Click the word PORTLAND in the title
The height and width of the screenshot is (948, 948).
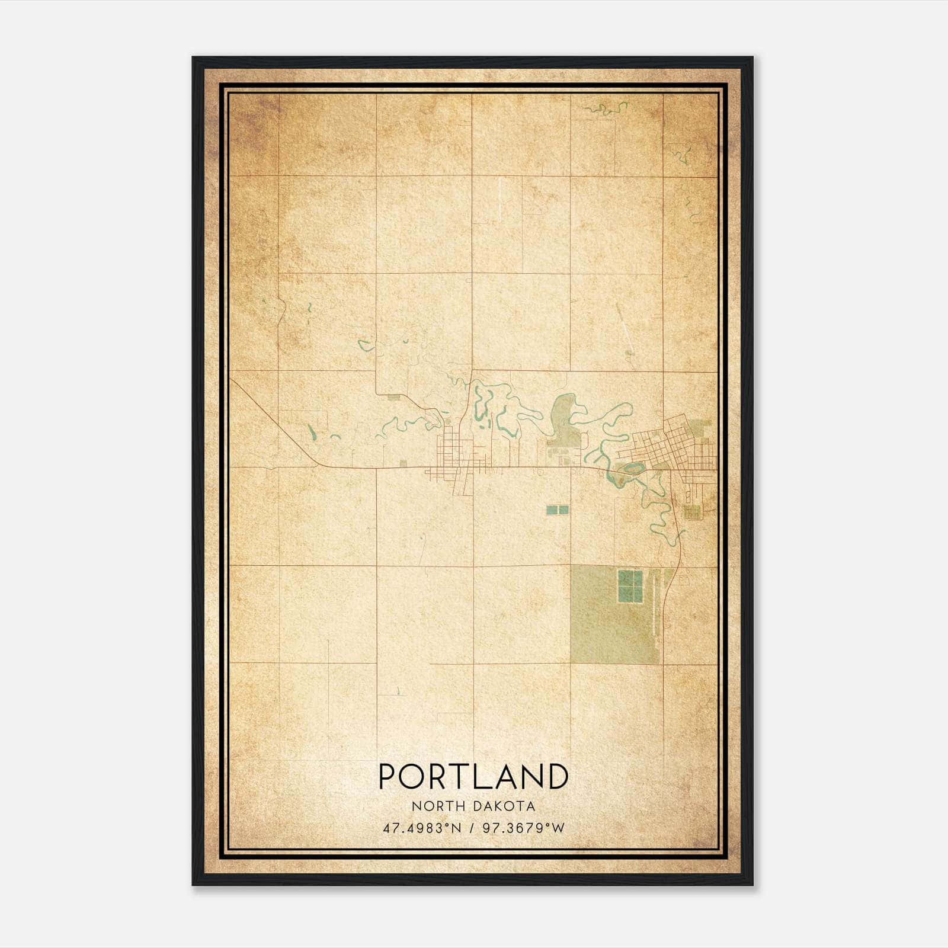tap(473, 776)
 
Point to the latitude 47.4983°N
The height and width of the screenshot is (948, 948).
tap(422, 828)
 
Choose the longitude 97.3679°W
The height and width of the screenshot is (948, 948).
tap(524, 828)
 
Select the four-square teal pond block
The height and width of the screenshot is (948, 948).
tap(630, 586)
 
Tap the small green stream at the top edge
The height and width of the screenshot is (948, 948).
tap(606, 108)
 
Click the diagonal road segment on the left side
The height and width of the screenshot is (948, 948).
tap(273, 421)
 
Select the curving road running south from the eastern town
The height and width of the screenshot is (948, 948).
tap(680, 533)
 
